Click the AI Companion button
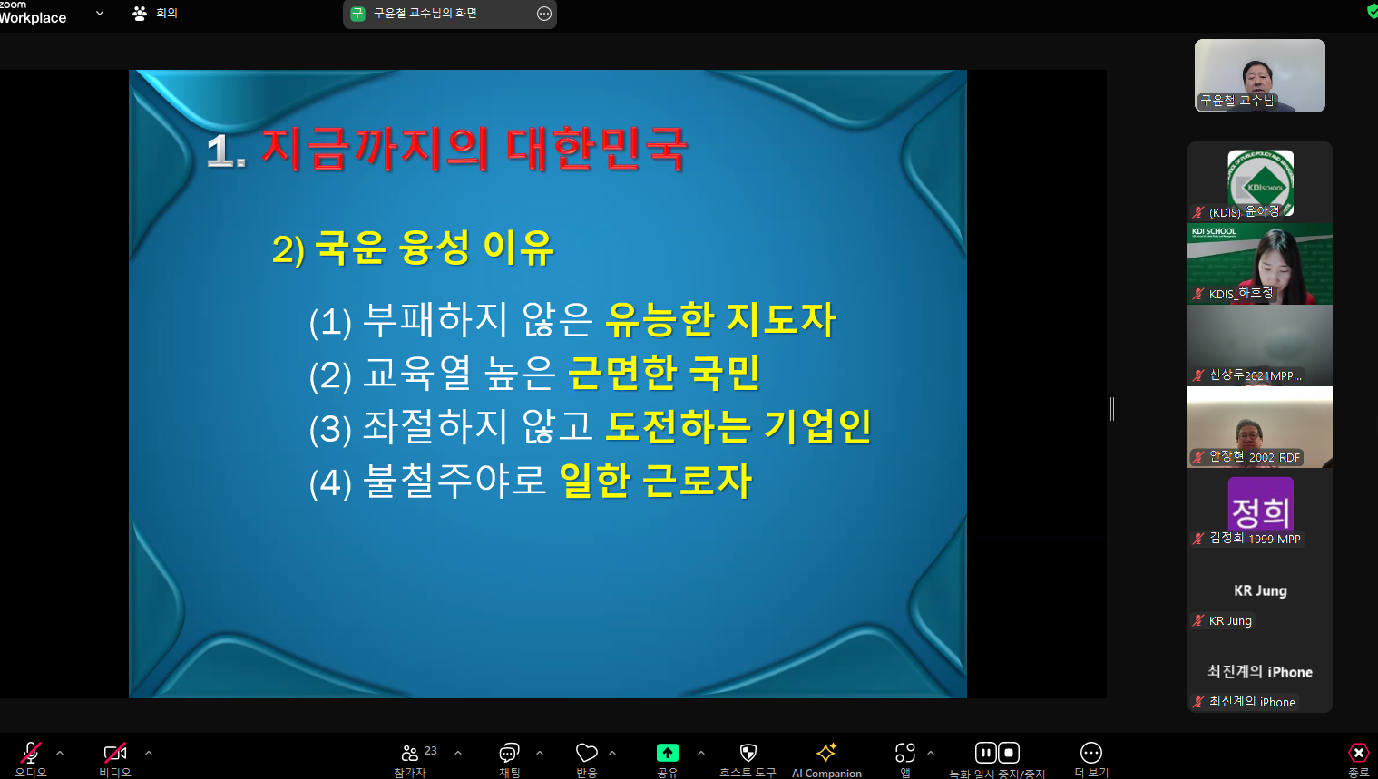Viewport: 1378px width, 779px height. [x=826, y=753]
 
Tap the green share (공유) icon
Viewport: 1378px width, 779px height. [x=668, y=753]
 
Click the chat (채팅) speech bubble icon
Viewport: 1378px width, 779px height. [x=509, y=753]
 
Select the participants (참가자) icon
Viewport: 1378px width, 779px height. [x=410, y=753]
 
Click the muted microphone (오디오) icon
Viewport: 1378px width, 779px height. [x=31, y=753]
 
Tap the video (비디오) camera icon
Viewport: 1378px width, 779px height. [x=115, y=753]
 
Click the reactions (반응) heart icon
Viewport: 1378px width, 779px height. [x=587, y=753]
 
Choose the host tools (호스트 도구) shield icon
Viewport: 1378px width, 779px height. [x=748, y=753]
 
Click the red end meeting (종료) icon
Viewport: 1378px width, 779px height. [x=1358, y=753]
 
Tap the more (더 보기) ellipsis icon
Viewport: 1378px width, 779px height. [x=1091, y=753]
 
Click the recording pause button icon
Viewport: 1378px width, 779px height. [x=985, y=753]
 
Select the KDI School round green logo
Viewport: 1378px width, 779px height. [x=1260, y=182]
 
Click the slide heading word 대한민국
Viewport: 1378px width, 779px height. [x=595, y=150]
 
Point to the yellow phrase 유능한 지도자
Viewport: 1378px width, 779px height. [x=720, y=320]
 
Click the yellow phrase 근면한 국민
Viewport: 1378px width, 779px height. [x=664, y=374]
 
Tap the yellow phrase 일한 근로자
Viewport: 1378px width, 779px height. [x=656, y=481]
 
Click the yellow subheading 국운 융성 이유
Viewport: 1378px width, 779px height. [x=434, y=248]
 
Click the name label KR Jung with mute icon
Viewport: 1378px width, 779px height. [x=1222, y=620]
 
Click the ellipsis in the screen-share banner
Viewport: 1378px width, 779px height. [x=543, y=14]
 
